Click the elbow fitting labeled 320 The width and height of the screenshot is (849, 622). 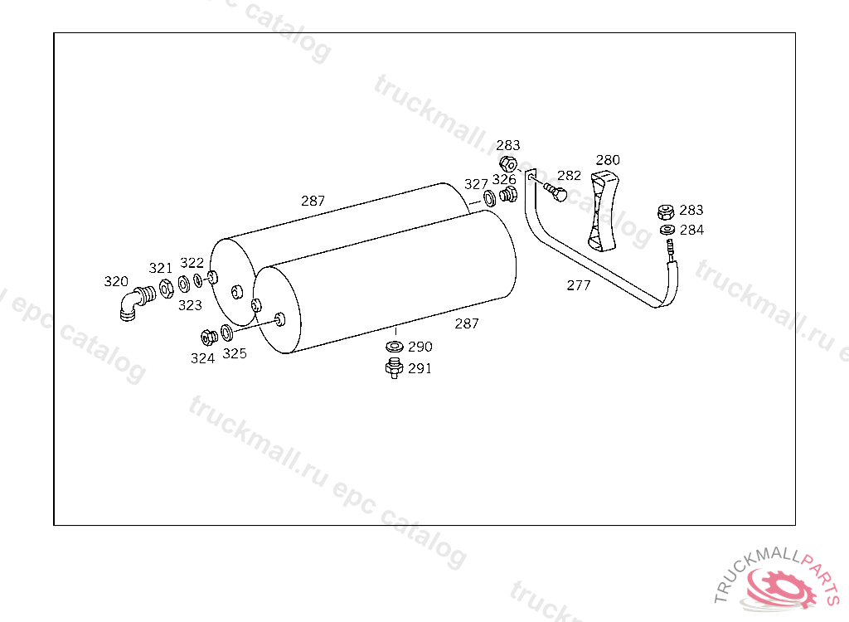tap(135, 304)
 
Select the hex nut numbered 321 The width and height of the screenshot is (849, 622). tap(166, 289)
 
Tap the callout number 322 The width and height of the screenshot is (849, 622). tap(192, 263)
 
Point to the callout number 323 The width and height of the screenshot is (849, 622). tap(190, 305)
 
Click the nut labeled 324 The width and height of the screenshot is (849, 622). tap(208, 337)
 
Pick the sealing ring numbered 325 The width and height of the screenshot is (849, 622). tap(227, 333)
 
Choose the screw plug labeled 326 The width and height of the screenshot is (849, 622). tap(508, 195)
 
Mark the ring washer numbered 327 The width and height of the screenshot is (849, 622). tap(489, 198)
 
